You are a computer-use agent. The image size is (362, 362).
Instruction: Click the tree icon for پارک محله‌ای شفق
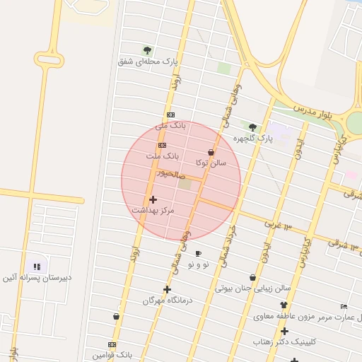pyautogui.click(x=147, y=50)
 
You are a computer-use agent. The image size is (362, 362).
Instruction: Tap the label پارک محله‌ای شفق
pyautogui.click(x=147, y=62)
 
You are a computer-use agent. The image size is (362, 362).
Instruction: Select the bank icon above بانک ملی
pyautogui.click(x=170, y=115)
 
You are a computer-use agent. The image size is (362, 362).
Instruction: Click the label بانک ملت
pyautogui.click(x=163, y=155)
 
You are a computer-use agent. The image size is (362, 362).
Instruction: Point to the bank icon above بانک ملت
pyautogui.click(x=163, y=145)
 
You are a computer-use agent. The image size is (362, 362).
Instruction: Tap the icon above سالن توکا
pyautogui.click(x=211, y=152)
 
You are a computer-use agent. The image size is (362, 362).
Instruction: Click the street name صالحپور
pyautogui.click(x=172, y=173)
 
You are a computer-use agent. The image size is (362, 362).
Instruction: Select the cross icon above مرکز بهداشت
pyautogui.click(x=153, y=200)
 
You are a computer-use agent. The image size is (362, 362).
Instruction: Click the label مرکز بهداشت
pyautogui.click(x=153, y=211)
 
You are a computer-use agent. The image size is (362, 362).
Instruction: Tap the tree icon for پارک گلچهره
pyautogui.click(x=252, y=127)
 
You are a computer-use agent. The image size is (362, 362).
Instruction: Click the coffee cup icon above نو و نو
pyautogui.click(x=198, y=253)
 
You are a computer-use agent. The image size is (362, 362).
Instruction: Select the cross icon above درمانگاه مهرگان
pyautogui.click(x=167, y=289)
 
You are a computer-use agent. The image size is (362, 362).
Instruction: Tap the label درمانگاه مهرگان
pyautogui.click(x=168, y=300)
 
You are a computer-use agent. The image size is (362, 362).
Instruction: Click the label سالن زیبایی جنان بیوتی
pyautogui.click(x=253, y=288)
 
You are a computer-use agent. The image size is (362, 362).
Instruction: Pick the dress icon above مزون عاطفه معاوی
pyautogui.click(x=284, y=305)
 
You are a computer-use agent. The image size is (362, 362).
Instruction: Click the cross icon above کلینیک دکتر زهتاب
pyautogui.click(x=284, y=331)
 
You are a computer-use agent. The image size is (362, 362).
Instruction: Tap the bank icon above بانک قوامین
pyautogui.click(x=112, y=344)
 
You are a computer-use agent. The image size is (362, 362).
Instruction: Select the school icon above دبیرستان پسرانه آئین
pyautogui.click(x=37, y=267)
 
